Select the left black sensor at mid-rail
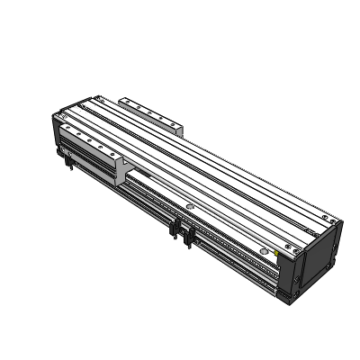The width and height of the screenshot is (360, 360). [173, 229]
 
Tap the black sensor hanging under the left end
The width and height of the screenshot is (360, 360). [67, 161]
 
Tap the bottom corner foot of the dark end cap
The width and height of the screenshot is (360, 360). [295, 291]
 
